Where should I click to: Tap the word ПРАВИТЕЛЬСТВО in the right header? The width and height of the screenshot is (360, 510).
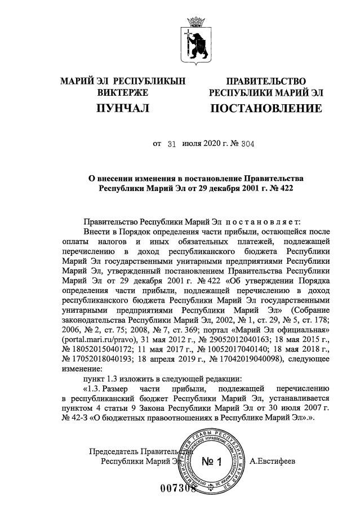click(x=266, y=82)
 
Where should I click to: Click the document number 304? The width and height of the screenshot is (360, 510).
click(x=247, y=144)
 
